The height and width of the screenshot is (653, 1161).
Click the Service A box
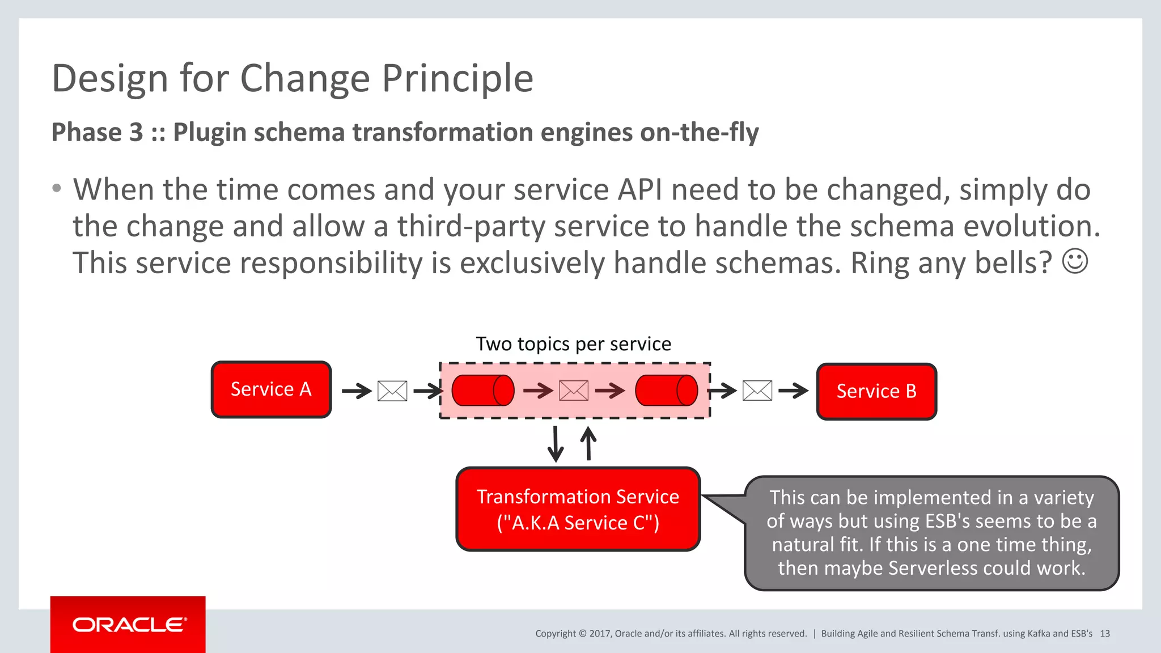[271, 389]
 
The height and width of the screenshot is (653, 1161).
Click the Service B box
[876, 391]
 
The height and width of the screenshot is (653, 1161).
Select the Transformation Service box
[578, 509]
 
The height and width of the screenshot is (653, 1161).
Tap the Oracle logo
[128, 625]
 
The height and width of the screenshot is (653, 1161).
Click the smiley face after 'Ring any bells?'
[1075, 262]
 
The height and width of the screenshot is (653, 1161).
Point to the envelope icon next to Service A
[392, 391]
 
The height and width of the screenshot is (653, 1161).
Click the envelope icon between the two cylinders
[574, 391]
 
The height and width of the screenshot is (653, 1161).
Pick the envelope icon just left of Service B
[757, 391]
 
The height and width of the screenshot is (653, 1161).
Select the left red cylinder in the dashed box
[483, 391]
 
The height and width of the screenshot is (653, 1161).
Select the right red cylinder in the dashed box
[667, 391]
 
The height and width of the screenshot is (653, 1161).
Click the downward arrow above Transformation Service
[556, 444]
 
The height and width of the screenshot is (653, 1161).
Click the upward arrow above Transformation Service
[589, 443]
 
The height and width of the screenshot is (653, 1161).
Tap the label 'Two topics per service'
[573, 344]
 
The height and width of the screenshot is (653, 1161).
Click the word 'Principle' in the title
[457, 78]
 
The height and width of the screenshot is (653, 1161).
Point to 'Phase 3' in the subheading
[97, 132]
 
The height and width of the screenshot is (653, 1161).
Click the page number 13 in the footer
[1105, 634]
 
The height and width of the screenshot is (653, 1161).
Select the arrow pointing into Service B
[793, 391]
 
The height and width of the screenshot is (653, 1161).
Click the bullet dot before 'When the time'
[56, 188]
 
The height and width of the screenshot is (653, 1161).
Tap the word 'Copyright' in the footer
[556, 634]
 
